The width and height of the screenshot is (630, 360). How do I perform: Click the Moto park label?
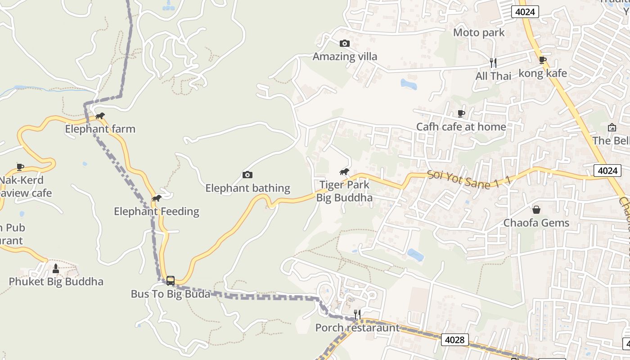(479, 32)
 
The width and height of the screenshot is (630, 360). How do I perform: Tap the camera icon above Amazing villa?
(345, 43)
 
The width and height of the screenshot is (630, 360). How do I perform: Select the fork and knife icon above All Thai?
(493, 63)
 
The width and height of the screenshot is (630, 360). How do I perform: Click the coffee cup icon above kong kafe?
(543, 60)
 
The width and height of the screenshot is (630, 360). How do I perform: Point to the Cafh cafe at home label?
(461, 127)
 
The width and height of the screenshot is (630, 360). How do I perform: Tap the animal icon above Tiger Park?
(344, 171)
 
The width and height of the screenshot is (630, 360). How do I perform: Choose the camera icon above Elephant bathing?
(247, 175)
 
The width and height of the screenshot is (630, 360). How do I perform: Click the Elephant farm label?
(100, 129)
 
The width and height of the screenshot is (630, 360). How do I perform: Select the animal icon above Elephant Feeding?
(156, 198)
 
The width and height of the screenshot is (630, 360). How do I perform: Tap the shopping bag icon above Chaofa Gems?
(536, 210)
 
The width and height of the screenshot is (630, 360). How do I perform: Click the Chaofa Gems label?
(536, 223)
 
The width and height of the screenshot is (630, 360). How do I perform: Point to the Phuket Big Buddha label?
(56, 282)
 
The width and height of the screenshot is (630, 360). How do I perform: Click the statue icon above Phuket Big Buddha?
(56, 269)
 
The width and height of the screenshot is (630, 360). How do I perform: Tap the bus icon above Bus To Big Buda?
(171, 280)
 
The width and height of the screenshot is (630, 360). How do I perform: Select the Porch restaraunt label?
(357, 328)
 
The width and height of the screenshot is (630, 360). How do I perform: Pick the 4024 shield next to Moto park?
(525, 12)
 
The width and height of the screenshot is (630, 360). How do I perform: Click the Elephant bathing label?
(247, 188)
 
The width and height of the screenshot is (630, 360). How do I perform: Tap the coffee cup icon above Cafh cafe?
(461, 113)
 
